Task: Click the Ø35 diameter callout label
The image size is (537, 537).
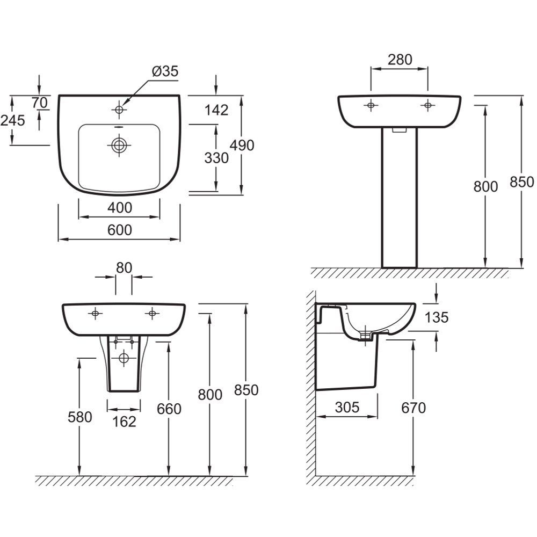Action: pyautogui.click(x=165, y=71)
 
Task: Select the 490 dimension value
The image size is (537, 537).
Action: pyautogui.click(x=242, y=145)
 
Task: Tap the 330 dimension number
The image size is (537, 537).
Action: pyautogui.click(x=216, y=158)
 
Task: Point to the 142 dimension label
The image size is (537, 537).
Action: pyautogui.click(x=216, y=110)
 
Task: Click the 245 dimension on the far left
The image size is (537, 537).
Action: pyautogui.click(x=13, y=120)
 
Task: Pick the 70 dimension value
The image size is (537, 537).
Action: pyautogui.click(x=40, y=103)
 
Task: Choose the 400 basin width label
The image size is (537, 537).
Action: pyautogui.click(x=120, y=207)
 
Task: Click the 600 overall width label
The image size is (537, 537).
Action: pyautogui.click(x=120, y=230)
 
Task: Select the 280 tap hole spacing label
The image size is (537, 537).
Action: pyautogui.click(x=400, y=60)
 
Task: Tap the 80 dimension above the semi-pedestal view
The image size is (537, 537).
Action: pyautogui.click(x=124, y=268)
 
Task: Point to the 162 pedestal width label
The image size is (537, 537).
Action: pyautogui.click(x=124, y=422)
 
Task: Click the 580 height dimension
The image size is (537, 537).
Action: pyautogui.click(x=80, y=417)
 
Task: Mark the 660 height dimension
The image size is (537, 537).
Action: pyautogui.click(x=169, y=409)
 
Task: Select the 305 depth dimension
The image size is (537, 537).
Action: pyautogui.click(x=347, y=407)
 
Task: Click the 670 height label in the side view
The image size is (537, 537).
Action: pyautogui.click(x=413, y=408)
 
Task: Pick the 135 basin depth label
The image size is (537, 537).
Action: pyautogui.click(x=437, y=317)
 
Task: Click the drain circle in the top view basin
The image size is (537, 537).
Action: pyautogui.click(x=119, y=145)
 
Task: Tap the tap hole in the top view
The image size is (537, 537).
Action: pyautogui.click(x=119, y=110)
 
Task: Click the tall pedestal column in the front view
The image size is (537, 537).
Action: pyautogui.click(x=400, y=198)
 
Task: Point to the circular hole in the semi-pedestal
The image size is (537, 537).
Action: pyautogui.click(x=124, y=358)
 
